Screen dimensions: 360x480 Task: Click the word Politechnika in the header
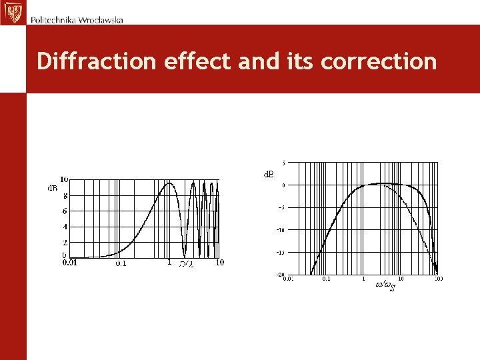pos(53,19)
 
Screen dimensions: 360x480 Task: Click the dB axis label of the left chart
pos(51,188)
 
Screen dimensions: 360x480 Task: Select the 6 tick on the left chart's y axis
pos(65,211)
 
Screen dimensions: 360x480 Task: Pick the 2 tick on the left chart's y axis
pos(65,243)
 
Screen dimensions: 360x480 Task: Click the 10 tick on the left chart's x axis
pos(220,263)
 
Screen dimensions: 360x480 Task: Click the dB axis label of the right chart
pos(267,174)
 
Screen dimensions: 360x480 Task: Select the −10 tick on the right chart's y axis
pos(282,230)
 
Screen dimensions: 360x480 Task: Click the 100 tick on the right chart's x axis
pos(439,279)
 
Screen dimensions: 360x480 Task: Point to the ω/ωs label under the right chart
pos(385,285)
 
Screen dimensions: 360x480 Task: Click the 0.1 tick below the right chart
pos(326,279)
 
